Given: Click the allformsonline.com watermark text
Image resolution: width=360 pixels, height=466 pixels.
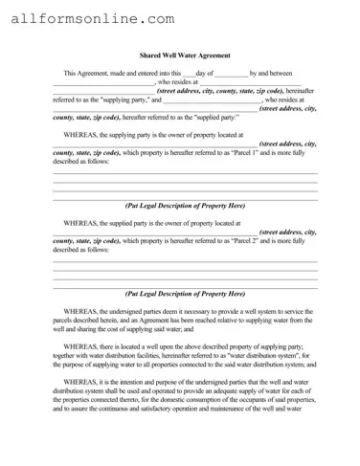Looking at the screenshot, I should point(91,18).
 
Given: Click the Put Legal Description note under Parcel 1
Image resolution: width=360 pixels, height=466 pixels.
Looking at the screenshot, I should point(185,206).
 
